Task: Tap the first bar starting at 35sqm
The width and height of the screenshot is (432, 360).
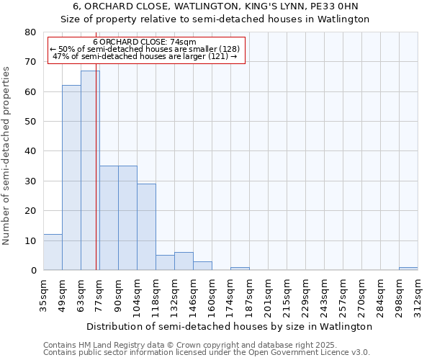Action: (x=53, y=252)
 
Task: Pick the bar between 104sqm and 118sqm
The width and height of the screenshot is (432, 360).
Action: (x=146, y=227)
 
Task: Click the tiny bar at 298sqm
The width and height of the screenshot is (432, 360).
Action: (x=408, y=269)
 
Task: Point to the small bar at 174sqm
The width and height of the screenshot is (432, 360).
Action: (x=240, y=269)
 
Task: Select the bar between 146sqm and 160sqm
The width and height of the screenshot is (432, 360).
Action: (x=202, y=266)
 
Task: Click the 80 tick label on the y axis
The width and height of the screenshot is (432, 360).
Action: (x=30, y=32)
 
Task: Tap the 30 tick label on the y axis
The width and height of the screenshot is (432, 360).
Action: (x=30, y=181)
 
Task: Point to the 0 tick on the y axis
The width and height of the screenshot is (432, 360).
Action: (x=33, y=271)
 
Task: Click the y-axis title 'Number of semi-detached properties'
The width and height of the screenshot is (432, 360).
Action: (x=7, y=155)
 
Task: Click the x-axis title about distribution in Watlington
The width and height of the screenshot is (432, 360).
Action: (x=230, y=326)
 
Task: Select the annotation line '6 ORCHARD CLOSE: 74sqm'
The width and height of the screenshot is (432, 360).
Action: (x=144, y=42)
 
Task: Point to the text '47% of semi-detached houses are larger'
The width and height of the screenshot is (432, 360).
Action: (x=145, y=56)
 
